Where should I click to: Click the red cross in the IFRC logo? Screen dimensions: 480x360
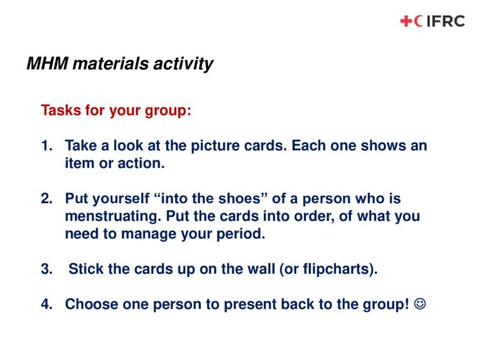406,21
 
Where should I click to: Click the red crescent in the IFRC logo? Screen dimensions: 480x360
418,21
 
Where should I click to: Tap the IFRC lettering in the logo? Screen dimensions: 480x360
445,21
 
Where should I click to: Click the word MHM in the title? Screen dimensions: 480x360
47,64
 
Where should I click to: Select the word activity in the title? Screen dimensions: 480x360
183,65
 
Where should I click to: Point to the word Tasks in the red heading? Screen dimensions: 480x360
61,110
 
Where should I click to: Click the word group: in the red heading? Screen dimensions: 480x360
168,111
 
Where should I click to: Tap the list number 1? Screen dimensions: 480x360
46,145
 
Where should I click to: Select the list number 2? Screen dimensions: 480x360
46,199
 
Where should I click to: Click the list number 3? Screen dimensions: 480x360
46,269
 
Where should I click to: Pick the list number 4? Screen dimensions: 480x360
46,304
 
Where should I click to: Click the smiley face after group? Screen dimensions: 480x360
419,304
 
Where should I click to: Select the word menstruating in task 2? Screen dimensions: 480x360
113,217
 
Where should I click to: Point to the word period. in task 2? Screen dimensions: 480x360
241,234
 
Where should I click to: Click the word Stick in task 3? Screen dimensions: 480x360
86,269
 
